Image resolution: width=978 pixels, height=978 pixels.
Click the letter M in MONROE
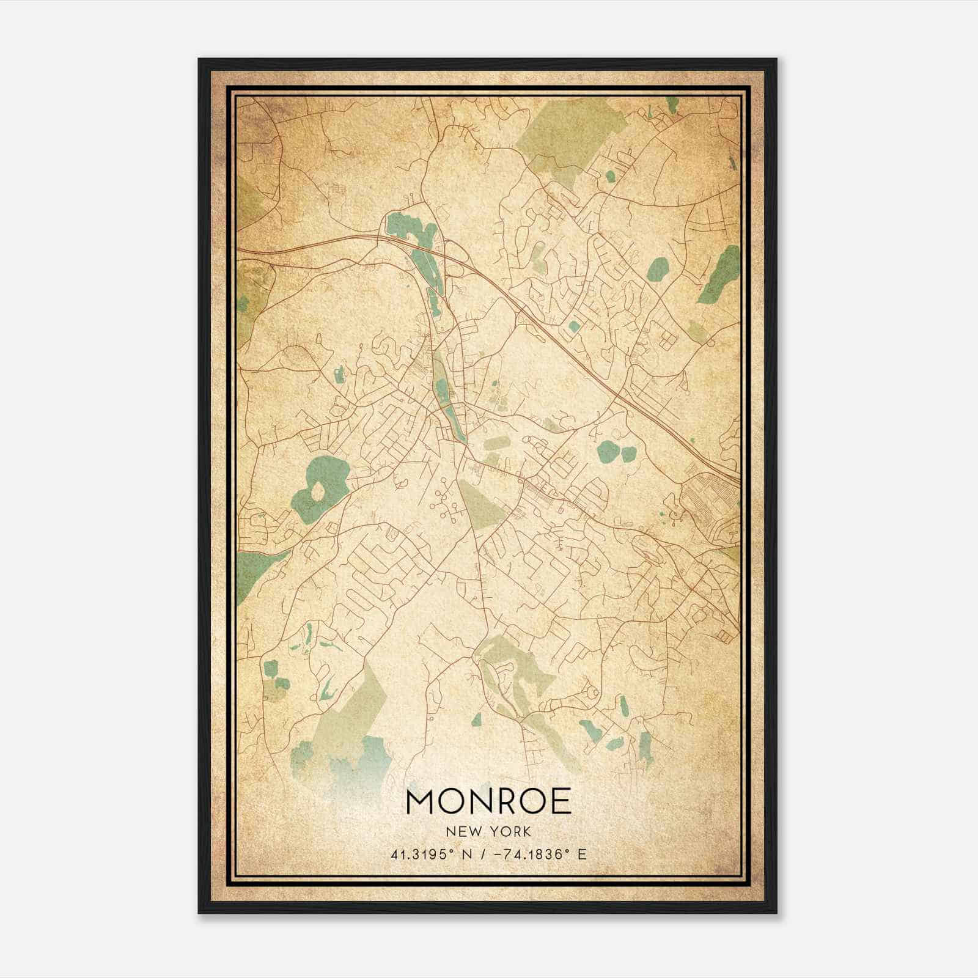pos(420,801)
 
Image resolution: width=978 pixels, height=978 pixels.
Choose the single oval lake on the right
pos(658,268)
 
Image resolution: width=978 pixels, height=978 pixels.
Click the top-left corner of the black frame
pos(200,60)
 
